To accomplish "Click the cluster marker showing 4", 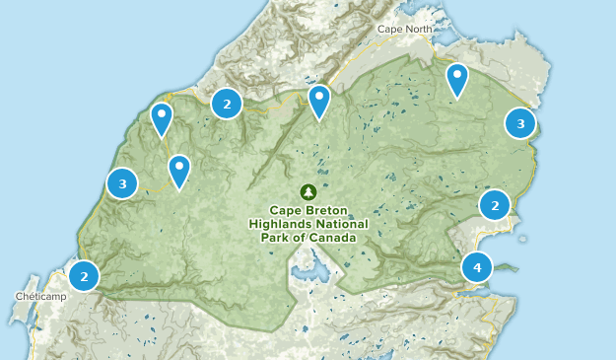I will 477,266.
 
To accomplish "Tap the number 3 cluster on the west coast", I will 122,182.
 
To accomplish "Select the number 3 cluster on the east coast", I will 520,123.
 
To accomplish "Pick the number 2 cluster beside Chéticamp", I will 85,276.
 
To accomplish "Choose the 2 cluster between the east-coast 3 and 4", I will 495,205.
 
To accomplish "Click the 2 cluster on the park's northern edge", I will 227,103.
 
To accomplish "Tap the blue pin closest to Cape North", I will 457,79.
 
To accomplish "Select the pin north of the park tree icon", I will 318,101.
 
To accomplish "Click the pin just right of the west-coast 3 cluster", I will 178,170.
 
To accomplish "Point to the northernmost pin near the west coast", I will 161,119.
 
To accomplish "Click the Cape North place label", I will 404,29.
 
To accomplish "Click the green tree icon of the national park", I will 308,191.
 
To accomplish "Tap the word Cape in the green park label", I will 289,210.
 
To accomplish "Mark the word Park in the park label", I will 280,238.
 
